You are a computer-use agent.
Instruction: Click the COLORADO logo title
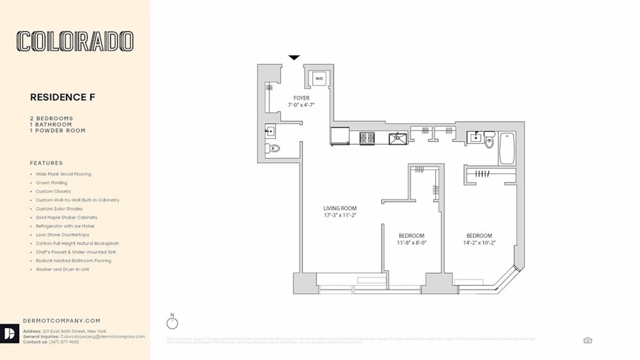(x=75, y=41)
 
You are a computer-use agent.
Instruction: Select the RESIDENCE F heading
(x=62, y=97)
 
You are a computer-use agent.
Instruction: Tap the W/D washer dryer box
(x=319, y=78)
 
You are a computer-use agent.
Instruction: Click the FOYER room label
(x=301, y=98)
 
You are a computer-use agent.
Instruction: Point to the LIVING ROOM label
(x=340, y=208)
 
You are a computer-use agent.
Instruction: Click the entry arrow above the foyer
(x=294, y=58)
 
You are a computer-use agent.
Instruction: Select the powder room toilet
(x=274, y=148)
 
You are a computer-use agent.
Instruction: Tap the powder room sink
(x=271, y=130)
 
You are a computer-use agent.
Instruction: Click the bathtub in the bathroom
(x=507, y=149)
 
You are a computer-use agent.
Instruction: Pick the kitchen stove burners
(x=367, y=139)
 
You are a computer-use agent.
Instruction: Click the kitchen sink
(x=397, y=139)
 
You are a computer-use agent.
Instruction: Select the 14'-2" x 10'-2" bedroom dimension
(x=479, y=242)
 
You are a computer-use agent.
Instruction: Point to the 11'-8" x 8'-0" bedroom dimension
(x=412, y=242)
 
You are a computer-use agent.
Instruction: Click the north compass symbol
(x=172, y=323)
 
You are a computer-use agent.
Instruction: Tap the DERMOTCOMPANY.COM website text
(x=62, y=321)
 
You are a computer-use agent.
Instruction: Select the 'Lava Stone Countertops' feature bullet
(x=62, y=235)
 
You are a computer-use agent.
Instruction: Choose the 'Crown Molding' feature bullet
(x=52, y=183)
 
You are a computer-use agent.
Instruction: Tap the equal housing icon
(x=588, y=340)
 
